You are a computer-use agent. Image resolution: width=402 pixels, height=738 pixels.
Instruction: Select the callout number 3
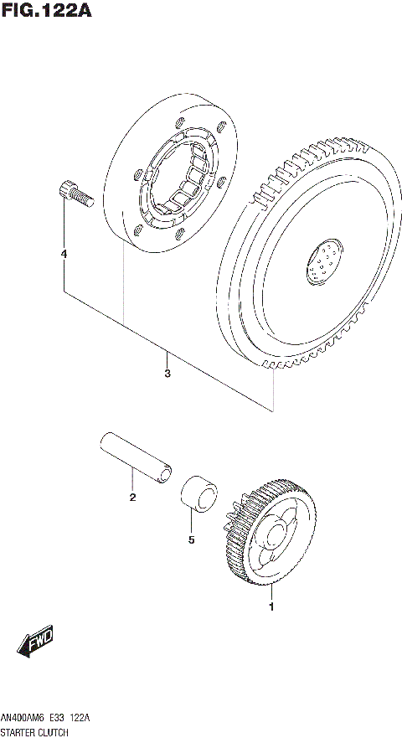pos(167,374)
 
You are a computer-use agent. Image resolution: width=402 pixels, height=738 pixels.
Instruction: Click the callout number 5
pos(191,540)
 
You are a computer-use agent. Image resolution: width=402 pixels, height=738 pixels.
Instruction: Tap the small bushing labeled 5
pos(198,492)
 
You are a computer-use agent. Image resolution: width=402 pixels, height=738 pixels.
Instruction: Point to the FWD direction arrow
pos(35,643)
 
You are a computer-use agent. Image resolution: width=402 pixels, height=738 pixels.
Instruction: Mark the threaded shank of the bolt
pos(82,199)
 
